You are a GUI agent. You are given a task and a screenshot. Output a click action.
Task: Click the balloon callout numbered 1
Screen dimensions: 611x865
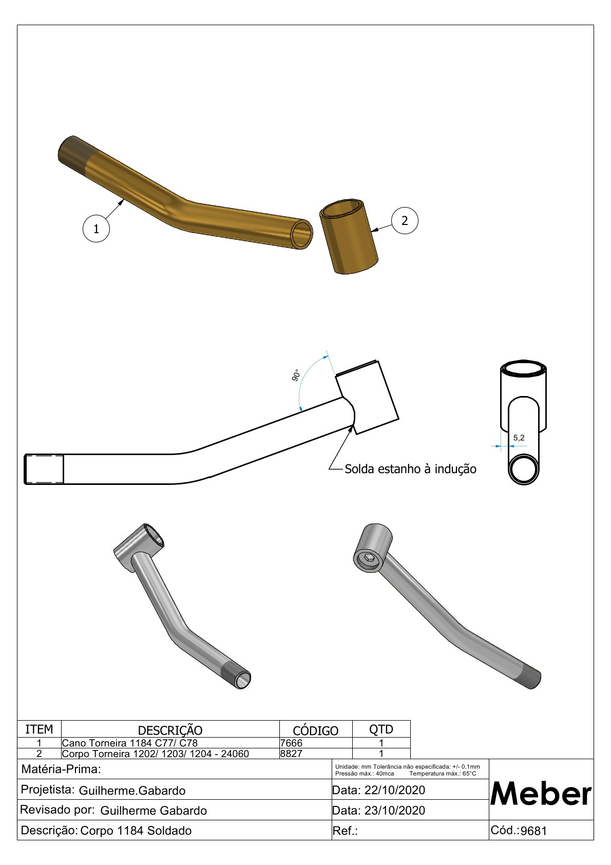click(96, 229)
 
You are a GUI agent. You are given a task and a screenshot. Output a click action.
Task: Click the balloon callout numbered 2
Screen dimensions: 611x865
click(405, 220)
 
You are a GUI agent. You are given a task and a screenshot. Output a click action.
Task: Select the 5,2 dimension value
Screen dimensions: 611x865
click(519, 438)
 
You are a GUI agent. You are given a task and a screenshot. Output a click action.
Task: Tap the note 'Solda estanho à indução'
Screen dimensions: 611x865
click(410, 469)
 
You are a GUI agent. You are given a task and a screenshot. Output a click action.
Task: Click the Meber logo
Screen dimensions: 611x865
click(541, 794)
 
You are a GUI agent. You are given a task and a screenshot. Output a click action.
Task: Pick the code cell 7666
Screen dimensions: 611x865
click(292, 743)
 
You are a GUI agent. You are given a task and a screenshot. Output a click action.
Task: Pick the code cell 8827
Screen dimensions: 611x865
click(292, 754)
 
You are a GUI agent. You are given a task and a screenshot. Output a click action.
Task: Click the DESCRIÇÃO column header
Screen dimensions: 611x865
click(170, 730)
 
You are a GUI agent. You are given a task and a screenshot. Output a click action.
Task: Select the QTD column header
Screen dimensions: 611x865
click(381, 729)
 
